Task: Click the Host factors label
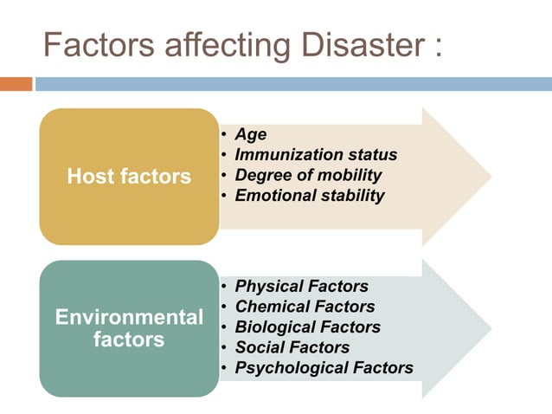[x=129, y=177]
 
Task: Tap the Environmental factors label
[x=129, y=327]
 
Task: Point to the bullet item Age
[x=251, y=134]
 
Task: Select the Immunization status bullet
[x=316, y=155]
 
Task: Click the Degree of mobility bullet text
[x=308, y=175]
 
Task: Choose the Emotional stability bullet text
[x=310, y=195]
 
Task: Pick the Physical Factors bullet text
[x=301, y=286]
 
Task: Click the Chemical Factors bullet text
[x=305, y=307]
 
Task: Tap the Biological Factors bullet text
[x=307, y=327]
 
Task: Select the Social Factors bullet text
[x=292, y=347]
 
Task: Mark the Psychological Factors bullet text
[x=324, y=368]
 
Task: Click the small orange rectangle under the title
[x=16, y=84]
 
